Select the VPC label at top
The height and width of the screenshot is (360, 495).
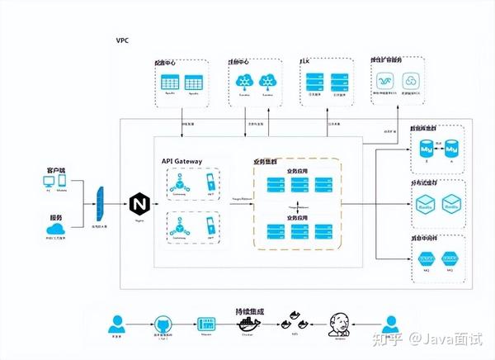(123, 40)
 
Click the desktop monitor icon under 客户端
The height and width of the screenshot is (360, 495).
(47, 180)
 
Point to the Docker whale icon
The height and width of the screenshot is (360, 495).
(247, 323)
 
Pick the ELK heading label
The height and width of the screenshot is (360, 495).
(304, 62)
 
